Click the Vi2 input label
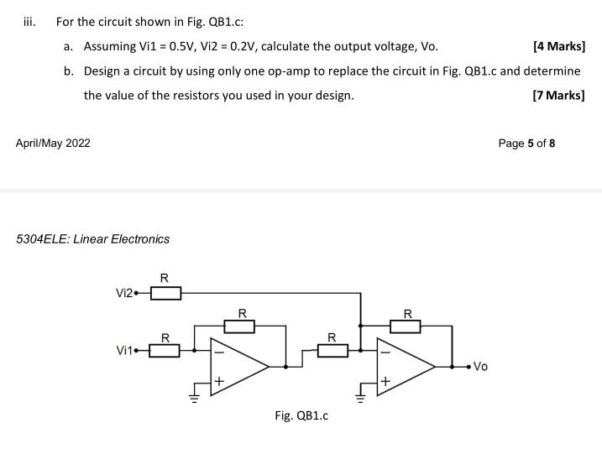[x=125, y=293]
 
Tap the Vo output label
[x=480, y=366]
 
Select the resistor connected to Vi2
[x=165, y=293]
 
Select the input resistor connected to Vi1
[x=165, y=351]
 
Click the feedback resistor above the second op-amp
[x=407, y=326]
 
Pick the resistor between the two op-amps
[x=332, y=351]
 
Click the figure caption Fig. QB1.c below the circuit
[x=301, y=415]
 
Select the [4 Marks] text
[x=559, y=46]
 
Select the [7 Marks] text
[x=559, y=95]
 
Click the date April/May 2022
[x=53, y=144]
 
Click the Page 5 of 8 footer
[x=526, y=144]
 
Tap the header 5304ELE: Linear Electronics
[x=93, y=239]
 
